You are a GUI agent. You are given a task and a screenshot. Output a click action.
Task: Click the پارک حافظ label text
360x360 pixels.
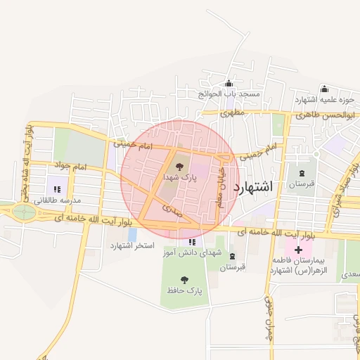pos(185,290)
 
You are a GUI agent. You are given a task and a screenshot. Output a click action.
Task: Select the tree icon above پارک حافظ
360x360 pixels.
pos(185,279)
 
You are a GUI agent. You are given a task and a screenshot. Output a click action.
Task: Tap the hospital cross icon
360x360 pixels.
pos(299,249)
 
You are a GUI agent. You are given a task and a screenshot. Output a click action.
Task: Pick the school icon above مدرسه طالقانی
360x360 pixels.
pos(56,189)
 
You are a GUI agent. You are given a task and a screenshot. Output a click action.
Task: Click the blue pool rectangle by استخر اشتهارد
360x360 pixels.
pos(132,233)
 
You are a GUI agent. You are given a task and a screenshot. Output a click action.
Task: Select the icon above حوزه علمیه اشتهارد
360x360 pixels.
pos(324,89)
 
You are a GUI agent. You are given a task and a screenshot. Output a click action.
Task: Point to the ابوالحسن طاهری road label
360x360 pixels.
pos(328,113)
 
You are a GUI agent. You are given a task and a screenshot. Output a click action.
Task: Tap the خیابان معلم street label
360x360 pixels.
pos(221,184)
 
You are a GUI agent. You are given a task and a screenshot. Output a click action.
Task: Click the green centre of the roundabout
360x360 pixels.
pos(23,211)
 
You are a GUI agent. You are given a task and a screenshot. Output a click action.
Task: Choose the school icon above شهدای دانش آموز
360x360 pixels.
pos(192,242)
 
